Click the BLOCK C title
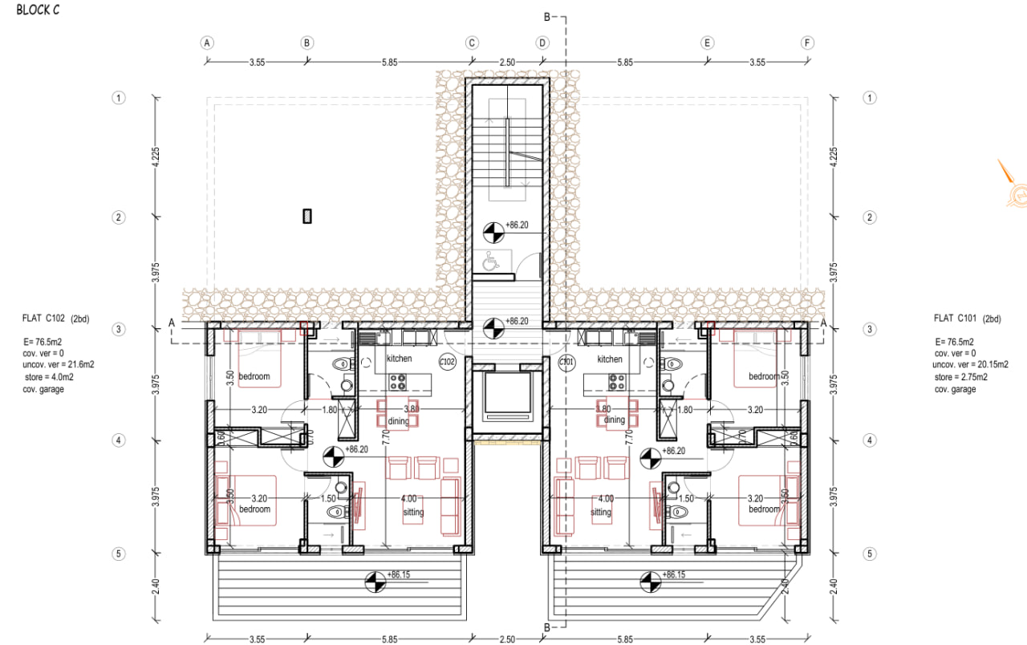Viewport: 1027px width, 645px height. tap(37, 10)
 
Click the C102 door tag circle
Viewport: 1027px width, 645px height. tap(447, 362)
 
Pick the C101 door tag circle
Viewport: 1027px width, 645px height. tap(566, 362)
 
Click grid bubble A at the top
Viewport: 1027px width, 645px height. tap(208, 43)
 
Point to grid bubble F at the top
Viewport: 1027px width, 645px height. tap(807, 43)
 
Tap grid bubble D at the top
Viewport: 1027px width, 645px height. tap(543, 43)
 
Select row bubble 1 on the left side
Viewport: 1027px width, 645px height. tap(119, 98)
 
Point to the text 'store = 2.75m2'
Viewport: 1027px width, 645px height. tap(960, 377)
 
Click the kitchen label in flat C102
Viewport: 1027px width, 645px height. tap(399, 359)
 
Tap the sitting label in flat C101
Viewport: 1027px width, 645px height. tap(601, 512)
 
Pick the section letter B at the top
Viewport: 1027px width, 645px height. tap(547, 17)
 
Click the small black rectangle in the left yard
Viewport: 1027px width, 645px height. tap(306, 216)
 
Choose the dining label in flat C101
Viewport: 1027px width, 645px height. tap(614, 420)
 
